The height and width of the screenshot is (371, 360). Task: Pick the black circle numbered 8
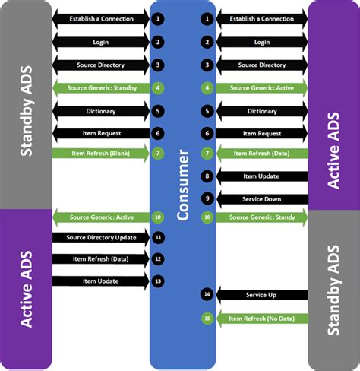207,176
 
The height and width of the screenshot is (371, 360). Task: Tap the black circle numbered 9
207,198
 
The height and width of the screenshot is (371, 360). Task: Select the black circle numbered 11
158,238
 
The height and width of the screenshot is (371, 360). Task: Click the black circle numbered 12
158,259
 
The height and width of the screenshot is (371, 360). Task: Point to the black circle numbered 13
158,281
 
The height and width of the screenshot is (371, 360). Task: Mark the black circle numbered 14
207,294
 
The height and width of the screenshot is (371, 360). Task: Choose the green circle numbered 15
207,318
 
